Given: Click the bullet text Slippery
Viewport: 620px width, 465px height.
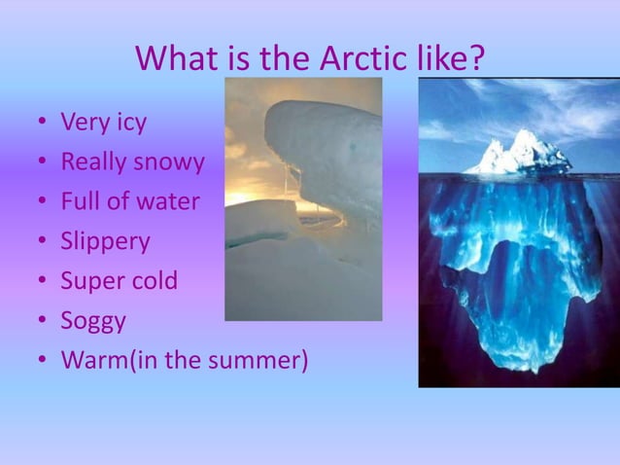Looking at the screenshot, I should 105,241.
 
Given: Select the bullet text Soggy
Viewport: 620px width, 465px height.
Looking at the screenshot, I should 93,321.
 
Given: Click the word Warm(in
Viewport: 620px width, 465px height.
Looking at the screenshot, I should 107,360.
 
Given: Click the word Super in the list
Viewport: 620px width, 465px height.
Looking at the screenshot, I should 91,281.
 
